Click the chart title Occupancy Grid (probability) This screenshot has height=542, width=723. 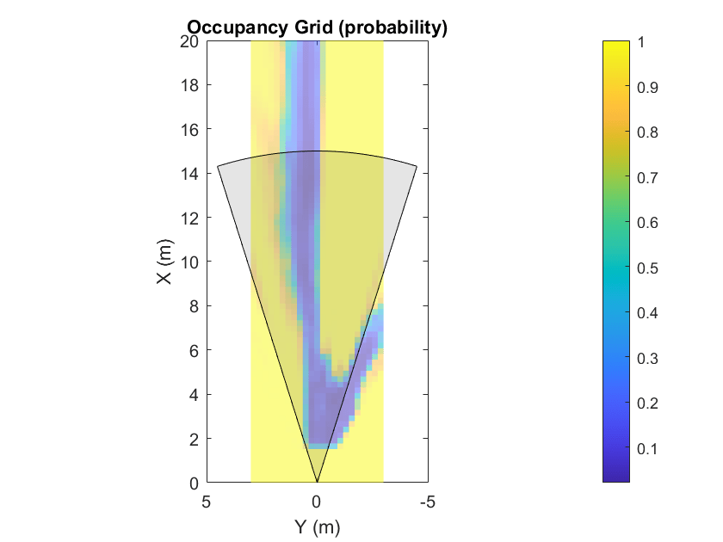pos(317,28)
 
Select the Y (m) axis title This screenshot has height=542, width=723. pos(317,525)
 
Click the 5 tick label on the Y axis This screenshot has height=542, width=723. pos(207,501)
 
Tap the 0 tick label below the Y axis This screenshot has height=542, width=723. pos(317,501)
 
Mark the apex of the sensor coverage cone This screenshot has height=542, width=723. pos(317,483)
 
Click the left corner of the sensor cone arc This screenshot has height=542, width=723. pos(218,165)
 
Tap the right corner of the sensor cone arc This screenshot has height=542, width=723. pos(417,165)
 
